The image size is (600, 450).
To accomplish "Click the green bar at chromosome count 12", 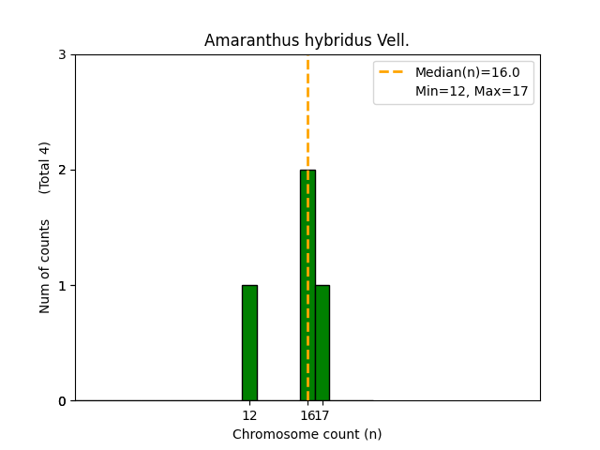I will tap(249, 343).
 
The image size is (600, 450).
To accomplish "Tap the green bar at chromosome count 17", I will tap(322, 343).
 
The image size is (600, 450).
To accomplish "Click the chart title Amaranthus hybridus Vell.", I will tap(307, 41).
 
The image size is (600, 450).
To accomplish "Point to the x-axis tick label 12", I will tap(249, 415).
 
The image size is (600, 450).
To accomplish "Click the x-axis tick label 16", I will tap(306, 415).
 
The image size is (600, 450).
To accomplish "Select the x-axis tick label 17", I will tap(322, 415).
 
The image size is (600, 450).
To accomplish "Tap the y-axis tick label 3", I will tap(62, 55).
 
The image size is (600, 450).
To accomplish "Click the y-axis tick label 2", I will tap(62, 171).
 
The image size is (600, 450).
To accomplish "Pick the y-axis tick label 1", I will tap(62, 286).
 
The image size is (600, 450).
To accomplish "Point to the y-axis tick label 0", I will tap(62, 401).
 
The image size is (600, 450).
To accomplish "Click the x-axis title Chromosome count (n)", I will tap(307, 434).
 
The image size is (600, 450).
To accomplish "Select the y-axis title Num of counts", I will tap(45, 266).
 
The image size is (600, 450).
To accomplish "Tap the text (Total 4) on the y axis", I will tap(45, 168).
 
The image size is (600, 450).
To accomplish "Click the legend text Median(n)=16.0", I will tap(460, 72).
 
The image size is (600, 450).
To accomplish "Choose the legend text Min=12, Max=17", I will tap(472, 91).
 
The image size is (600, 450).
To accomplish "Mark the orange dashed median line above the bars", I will tap(307, 112).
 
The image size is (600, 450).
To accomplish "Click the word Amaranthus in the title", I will tap(245, 41).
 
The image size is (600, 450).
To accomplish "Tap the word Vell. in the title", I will tap(393, 41).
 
